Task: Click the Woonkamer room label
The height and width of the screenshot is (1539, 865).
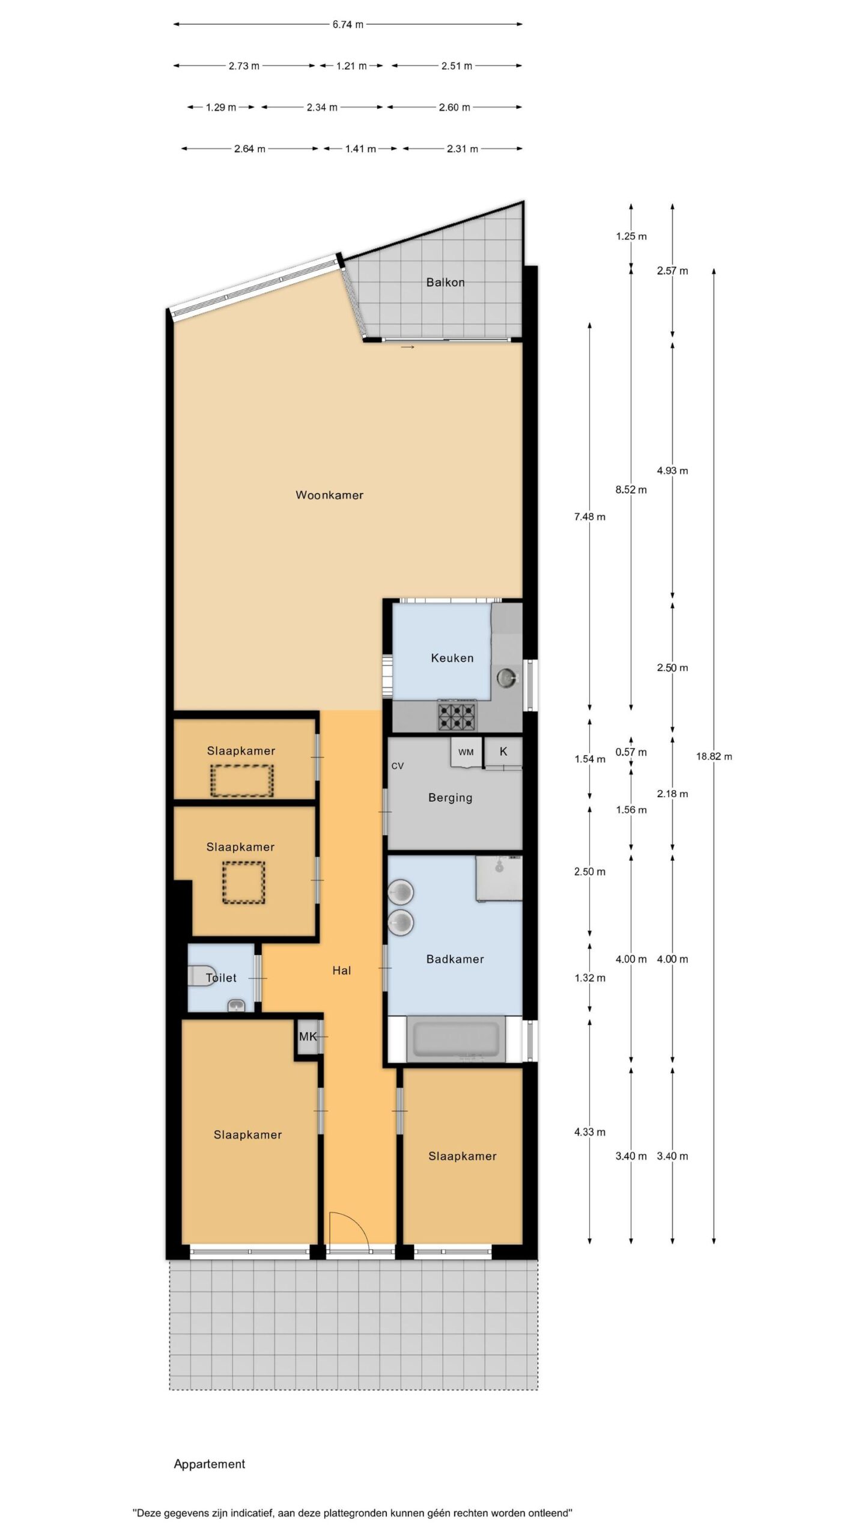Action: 329,495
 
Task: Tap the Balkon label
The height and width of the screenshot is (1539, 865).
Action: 445,283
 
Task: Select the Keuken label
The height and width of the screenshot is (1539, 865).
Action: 452,658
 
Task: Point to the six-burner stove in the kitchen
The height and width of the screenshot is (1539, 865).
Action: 457,715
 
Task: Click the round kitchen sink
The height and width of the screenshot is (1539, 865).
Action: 507,679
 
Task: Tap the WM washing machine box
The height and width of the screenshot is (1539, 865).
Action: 466,752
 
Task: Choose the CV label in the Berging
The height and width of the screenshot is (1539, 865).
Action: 397,766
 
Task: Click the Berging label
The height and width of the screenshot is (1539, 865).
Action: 450,798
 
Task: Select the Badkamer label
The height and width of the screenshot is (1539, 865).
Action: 455,959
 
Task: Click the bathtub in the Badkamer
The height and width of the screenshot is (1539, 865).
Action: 456,1039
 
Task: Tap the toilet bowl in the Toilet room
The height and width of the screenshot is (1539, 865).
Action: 198,975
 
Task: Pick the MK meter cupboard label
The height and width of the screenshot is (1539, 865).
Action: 308,1036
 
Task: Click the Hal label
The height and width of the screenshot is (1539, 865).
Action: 341,970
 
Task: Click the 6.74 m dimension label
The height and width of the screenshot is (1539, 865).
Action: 348,25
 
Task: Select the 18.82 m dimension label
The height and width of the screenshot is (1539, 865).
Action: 714,756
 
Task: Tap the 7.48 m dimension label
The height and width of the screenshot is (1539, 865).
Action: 589,516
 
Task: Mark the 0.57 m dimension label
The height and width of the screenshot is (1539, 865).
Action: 631,752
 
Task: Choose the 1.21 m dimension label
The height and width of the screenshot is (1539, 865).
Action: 351,66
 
